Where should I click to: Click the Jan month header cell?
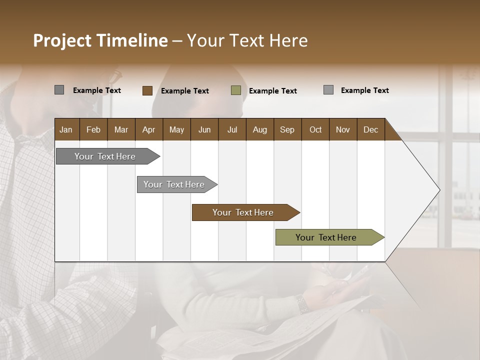[66, 129]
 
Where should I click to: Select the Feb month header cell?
[93, 129]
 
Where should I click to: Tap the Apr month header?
[149, 129]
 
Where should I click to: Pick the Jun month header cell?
[204, 129]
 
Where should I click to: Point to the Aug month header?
[260, 129]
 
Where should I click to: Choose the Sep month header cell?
[287, 129]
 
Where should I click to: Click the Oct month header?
[315, 129]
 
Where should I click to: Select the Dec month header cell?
[371, 129]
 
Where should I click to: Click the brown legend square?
[147, 90]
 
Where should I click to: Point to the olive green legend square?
[236, 90]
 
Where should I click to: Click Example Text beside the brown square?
[185, 91]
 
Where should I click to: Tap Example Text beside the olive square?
[273, 91]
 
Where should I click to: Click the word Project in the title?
[62, 40]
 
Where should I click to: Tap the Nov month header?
[343, 129]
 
